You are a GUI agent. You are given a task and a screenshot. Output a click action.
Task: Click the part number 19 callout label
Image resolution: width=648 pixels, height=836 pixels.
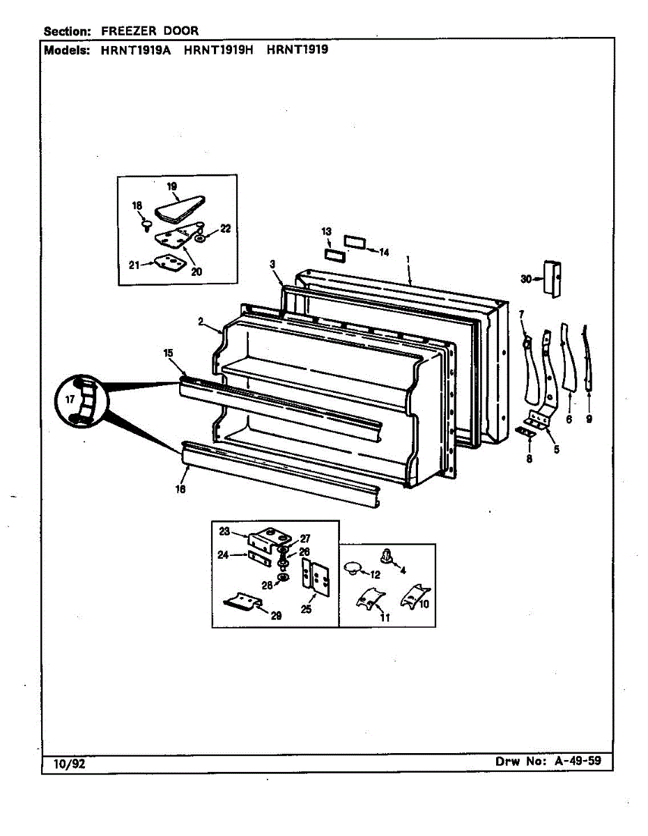point(172,186)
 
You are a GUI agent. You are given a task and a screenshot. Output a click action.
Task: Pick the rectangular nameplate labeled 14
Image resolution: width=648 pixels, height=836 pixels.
point(355,242)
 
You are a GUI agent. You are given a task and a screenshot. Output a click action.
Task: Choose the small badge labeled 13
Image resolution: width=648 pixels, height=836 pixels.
point(334,251)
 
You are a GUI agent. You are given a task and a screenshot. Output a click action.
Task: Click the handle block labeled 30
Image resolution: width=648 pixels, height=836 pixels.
point(554,279)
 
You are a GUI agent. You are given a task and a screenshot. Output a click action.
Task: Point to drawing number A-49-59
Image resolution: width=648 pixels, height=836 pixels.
point(578,761)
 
